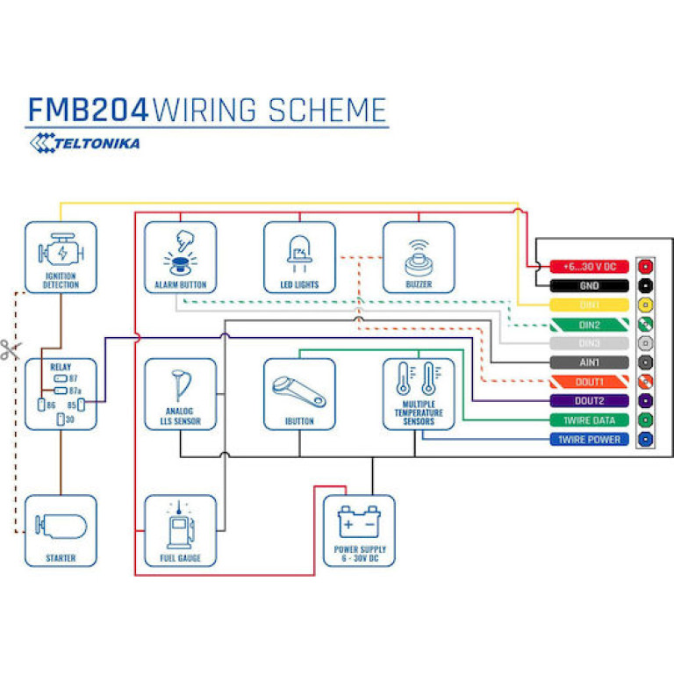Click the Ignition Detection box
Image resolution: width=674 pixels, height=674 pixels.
coord(61,256)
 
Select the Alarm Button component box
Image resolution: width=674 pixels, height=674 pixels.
coord(180,256)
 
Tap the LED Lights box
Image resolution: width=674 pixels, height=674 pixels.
coord(299,256)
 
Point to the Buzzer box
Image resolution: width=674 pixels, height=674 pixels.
coord(419,256)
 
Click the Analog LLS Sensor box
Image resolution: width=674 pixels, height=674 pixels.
coord(180,394)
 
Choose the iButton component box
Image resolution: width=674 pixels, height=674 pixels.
coord(299,394)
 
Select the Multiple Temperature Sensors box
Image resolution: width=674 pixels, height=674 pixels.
coord(419,394)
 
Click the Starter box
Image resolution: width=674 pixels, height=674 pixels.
coord(61,530)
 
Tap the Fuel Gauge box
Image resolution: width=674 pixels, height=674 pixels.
coord(180,530)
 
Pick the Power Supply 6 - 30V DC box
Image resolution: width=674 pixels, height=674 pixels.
coord(359,530)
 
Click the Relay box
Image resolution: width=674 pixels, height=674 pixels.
coord(61,394)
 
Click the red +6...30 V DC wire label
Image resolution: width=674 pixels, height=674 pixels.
coord(589,266)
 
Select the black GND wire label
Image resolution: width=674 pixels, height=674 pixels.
coord(589,285)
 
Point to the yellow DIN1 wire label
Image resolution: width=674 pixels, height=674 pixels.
coord(589,305)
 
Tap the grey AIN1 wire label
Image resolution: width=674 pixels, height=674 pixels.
coord(589,362)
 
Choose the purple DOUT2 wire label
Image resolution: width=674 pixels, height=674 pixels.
coord(589,401)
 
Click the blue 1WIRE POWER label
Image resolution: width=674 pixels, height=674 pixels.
coord(589,440)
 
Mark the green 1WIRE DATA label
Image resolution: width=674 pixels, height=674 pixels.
coord(589,420)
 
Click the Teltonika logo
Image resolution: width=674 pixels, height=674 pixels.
coord(84,142)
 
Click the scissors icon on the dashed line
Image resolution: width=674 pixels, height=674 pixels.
coord(10,350)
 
